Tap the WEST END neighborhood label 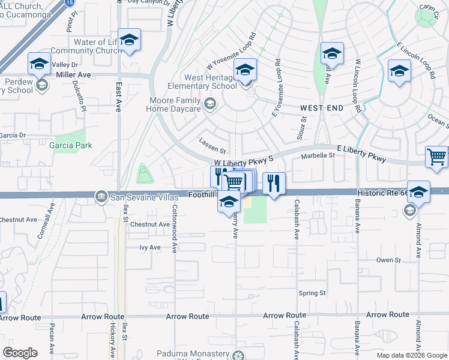(322, 108)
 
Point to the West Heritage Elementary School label (202, 82)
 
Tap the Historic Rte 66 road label (381, 194)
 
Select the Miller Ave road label (73, 75)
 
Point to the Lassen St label (212, 151)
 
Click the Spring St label (312, 293)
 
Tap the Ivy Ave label (150, 247)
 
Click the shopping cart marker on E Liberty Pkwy (436, 157)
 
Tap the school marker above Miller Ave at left (39, 64)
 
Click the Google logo (20, 353)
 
